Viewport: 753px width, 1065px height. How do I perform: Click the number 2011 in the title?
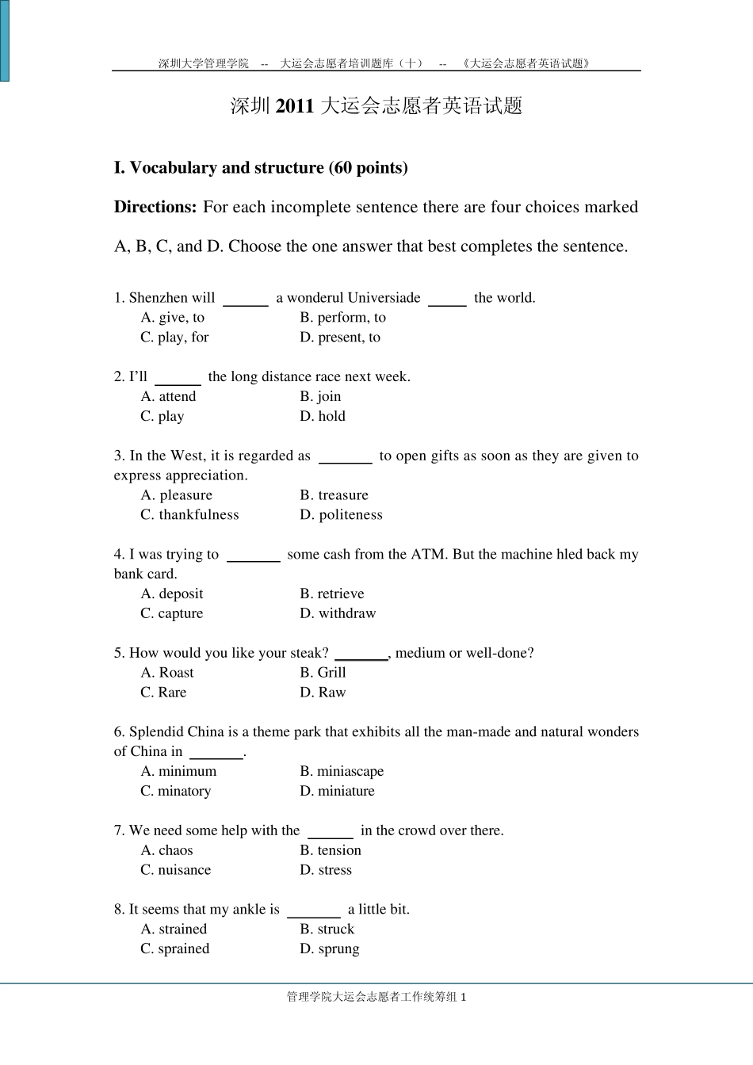tap(295, 106)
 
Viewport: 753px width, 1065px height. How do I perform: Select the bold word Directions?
tap(155, 208)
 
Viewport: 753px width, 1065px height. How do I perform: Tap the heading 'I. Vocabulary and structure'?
tap(261, 168)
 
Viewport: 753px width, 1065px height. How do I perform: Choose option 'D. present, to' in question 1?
tap(340, 338)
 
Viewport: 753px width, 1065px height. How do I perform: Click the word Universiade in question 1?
tap(384, 298)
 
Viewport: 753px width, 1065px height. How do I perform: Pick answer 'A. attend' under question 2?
tap(168, 397)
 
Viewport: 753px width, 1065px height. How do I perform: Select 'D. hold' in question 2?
tap(323, 417)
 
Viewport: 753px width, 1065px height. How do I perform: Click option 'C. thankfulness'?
tap(189, 515)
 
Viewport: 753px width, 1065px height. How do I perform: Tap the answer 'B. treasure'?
tap(334, 495)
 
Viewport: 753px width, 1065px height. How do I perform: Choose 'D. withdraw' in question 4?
tap(338, 614)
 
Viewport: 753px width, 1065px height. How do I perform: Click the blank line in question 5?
tap(361, 657)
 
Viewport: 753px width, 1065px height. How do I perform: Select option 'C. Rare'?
tap(163, 693)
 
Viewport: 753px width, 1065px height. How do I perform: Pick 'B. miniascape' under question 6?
tap(342, 772)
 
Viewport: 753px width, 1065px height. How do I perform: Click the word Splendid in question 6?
tap(156, 732)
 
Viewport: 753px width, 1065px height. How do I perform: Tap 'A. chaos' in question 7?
tap(166, 851)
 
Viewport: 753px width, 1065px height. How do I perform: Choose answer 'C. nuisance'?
tap(176, 870)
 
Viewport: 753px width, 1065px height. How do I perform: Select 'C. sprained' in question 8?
tap(175, 949)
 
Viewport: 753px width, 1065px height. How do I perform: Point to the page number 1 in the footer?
tap(464, 998)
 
